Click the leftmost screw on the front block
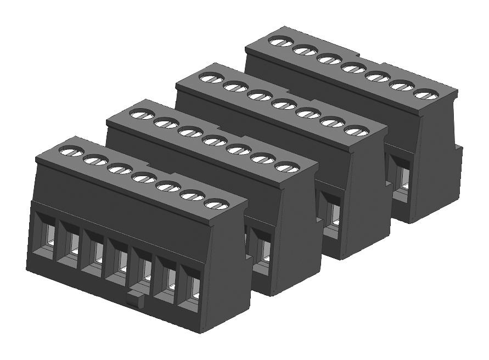(71, 150)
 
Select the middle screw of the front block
(143, 177)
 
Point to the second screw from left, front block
(95, 160)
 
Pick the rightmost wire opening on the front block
(189, 288)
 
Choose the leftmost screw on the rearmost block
(280, 41)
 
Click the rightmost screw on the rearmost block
(423, 94)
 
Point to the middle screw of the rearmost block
(352, 67)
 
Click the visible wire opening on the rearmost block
(401, 176)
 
